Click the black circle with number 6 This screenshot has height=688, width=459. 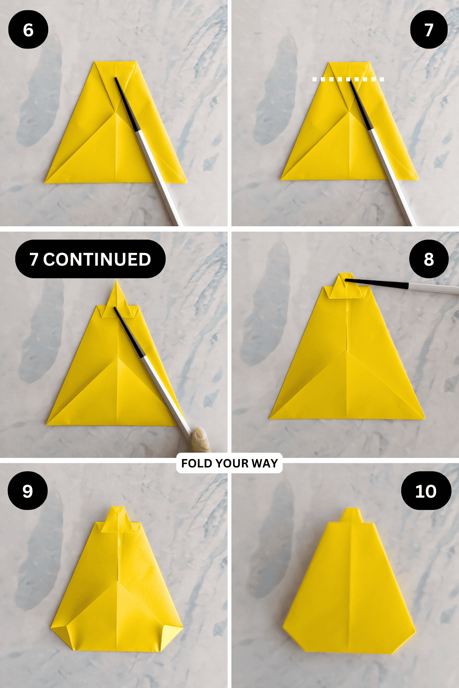28,30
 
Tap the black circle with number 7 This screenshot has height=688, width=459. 429,30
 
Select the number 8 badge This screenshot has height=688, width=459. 429,259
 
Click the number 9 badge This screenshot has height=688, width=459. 28,491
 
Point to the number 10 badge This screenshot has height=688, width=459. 426,491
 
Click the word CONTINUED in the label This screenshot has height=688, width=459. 97,259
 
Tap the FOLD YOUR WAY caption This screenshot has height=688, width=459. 229,463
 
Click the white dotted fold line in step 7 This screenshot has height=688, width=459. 348,79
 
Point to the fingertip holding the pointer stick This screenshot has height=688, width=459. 200,440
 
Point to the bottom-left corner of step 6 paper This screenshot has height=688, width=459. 47,181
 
